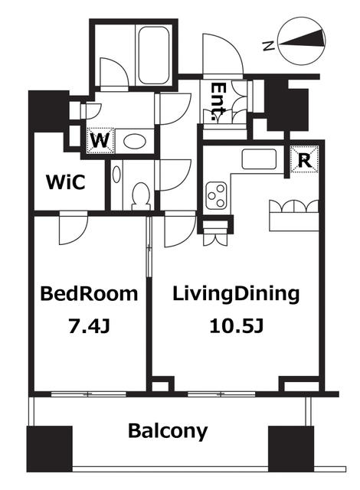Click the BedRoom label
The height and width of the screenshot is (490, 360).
89,294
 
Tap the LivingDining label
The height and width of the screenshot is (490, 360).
236,294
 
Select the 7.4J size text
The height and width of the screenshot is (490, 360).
89,327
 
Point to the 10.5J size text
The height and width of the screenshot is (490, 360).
237,327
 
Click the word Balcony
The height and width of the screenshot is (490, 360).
168,431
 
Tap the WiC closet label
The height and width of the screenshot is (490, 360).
66,182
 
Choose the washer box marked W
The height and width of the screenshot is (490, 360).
100,141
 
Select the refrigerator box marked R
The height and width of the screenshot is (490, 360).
304,160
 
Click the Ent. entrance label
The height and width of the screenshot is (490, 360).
218,102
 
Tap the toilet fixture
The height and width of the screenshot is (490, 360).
141,197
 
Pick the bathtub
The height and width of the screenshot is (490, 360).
154,55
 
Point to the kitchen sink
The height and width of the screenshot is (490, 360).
259,159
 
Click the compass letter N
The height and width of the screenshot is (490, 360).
268,46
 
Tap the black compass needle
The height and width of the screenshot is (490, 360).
301,39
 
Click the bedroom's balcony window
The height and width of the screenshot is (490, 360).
89,394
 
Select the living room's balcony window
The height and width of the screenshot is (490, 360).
221,394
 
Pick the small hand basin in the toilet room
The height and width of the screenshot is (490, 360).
116,174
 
